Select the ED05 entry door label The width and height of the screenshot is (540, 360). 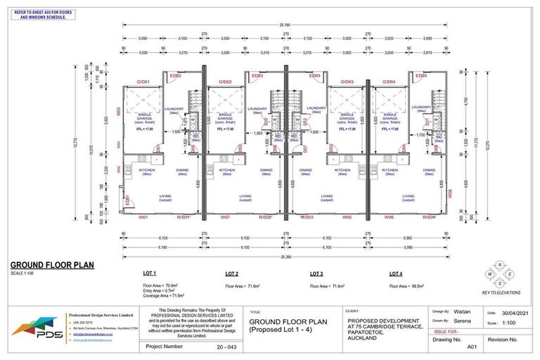tap(422, 75)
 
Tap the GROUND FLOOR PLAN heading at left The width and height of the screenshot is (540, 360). tap(51, 265)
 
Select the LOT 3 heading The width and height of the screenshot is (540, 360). tap(316, 273)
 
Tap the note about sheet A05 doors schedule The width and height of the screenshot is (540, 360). tap(44, 15)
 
